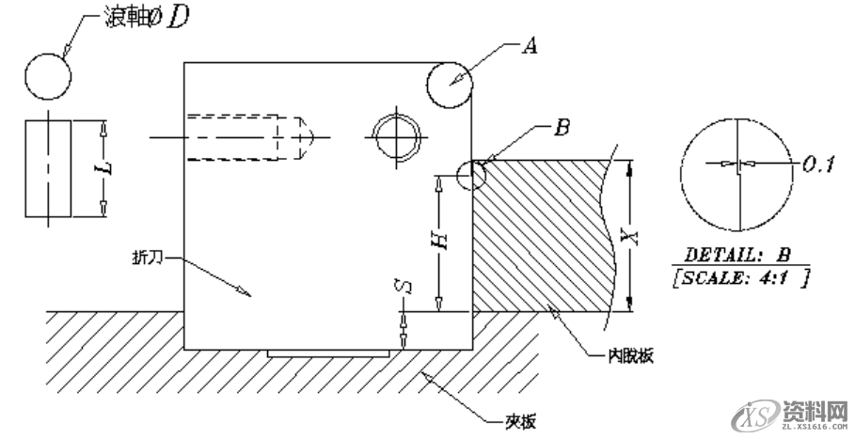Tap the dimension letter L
(105, 168)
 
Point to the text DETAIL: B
(739, 255)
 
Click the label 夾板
(515, 420)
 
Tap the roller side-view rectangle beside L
(47, 168)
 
